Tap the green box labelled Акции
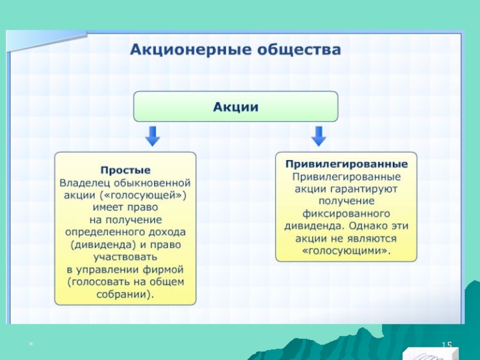[235, 107]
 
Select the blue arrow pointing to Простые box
[153, 136]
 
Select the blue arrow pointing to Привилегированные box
[319, 136]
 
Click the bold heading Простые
[125, 170]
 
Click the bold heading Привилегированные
[346, 164]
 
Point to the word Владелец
[85, 182]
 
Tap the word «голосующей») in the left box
[156, 195]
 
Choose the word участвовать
[125, 257]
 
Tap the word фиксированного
[346, 214]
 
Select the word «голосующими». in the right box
[346, 251]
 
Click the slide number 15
[446, 344]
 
